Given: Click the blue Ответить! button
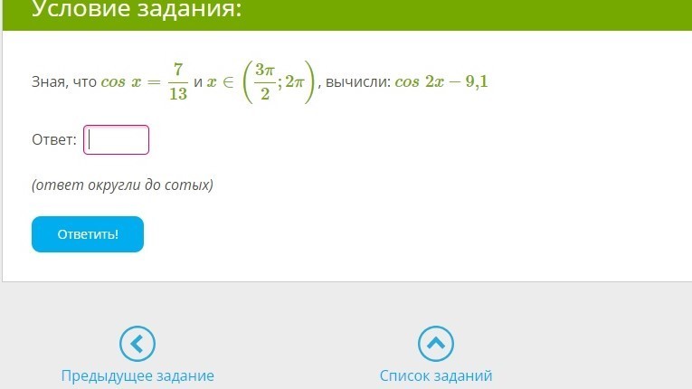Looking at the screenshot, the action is (x=88, y=234).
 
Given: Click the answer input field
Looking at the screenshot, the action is (x=116, y=140).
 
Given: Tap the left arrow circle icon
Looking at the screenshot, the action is (x=137, y=344).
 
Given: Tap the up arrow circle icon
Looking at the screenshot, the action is (x=436, y=344).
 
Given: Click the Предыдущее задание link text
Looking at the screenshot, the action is (x=137, y=375).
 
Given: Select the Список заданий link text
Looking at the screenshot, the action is (x=436, y=375).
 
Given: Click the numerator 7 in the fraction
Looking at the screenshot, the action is (x=178, y=70).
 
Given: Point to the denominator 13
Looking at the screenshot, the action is (x=178, y=93).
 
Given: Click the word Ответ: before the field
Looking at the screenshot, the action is (x=54, y=139).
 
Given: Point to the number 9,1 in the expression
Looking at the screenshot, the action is (x=477, y=81).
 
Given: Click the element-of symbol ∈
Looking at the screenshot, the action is (x=228, y=82).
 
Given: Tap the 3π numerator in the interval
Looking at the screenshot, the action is (x=265, y=70).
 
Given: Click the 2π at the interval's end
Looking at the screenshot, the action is (x=294, y=81).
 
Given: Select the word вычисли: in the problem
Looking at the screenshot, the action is (x=358, y=82).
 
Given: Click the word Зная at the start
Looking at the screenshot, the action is (x=49, y=82).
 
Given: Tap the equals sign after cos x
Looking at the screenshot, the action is (x=154, y=82).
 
